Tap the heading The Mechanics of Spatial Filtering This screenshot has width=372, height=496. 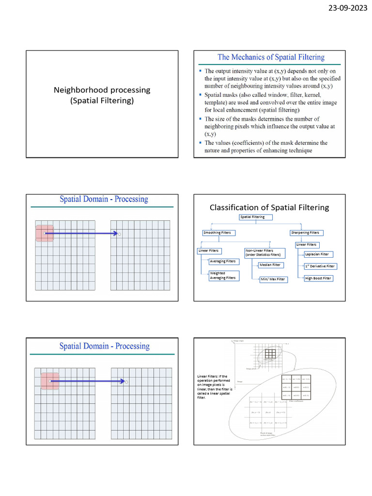click(x=271, y=57)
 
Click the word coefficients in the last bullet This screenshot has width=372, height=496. click(x=253, y=143)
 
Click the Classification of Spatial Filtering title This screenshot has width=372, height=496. click(x=269, y=207)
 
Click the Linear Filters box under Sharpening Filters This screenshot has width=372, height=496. click(x=306, y=245)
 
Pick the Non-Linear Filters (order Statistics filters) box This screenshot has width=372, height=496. click(x=264, y=253)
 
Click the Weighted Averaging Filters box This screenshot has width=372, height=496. click(x=223, y=276)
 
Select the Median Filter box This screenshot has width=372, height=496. click(x=270, y=265)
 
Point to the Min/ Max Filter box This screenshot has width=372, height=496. click(x=273, y=279)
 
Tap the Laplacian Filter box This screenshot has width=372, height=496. click(x=317, y=254)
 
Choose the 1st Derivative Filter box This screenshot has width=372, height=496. click(x=320, y=266)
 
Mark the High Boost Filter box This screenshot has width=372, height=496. click(x=318, y=279)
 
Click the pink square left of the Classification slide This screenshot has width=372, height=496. click(x=44, y=233)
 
